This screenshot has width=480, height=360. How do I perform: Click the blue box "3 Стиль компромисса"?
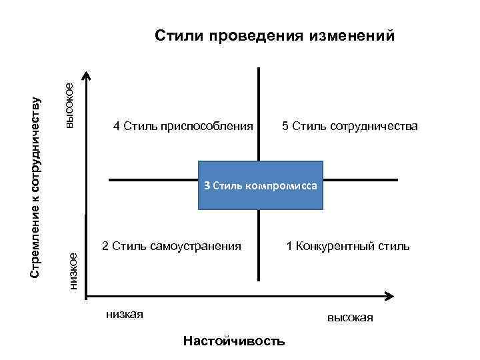click(x=261, y=186)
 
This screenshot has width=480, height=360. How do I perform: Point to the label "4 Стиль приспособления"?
click(x=183, y=126)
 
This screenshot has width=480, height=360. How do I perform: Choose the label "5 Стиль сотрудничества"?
click(x=350, y=126)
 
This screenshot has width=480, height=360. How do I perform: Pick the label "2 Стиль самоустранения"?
click(x=172, y=247)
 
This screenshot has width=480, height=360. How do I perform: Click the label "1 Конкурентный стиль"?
click(x=348, y=247)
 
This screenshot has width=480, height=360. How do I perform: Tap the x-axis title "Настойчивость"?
click(x=233, y=341)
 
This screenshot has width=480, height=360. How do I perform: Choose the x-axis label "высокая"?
click(x=350, y=318)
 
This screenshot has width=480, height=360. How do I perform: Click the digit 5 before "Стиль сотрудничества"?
click(x=285, y=126)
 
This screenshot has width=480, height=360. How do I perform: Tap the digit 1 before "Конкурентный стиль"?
click(x=289, y=247)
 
